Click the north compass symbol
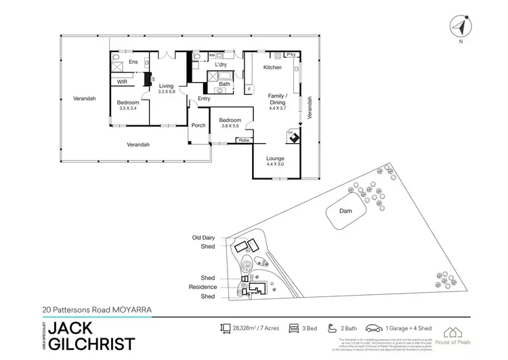pyautogui.click(x=461, y=28)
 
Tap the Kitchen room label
pyautogui.click(x=272, y=68)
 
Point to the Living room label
pyautogui.click(x=167, y=87)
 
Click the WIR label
pyautogui.click(x=123, y=81)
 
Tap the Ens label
pyautogui.click(x=133, y=62)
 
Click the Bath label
pyautogui.click(x=224, y=84)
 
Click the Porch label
pyautogui.click(x=199, y=125)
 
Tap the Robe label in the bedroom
pyautogui.click(x=242, y=141)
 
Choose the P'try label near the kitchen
pyautogui.click(x=292, y=55)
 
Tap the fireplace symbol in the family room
pyautogui.click(x=293, y=136)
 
